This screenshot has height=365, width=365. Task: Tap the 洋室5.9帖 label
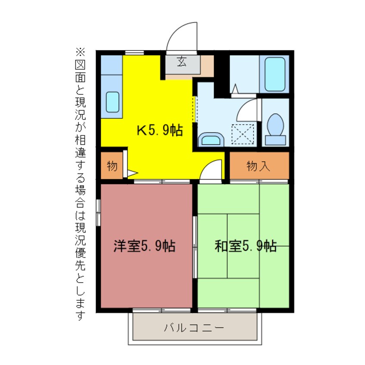144,246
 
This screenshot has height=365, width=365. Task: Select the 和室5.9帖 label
245,246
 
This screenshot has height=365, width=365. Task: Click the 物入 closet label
259,166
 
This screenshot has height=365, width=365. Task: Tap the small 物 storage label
112,166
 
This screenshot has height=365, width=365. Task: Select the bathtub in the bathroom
275,74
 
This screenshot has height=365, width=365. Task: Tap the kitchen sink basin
113,102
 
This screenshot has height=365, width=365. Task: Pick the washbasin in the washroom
211,139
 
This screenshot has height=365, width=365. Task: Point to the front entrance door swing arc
181,37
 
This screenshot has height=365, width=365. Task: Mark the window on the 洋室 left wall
99,212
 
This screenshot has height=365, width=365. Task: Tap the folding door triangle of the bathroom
235,89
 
